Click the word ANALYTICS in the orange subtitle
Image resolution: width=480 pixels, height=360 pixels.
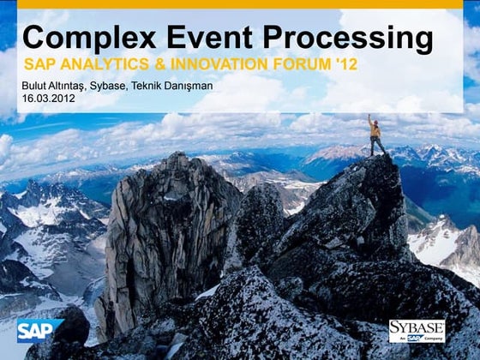pos(105,64)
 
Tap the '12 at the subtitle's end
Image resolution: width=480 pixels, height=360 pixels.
pos(346,64)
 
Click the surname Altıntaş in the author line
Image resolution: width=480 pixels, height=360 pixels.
pos(76,87)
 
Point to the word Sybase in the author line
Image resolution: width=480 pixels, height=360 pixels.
pos(126,87)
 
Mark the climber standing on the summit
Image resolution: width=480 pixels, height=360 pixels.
pos(375,135)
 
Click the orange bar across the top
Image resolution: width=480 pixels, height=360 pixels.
pos(240,4)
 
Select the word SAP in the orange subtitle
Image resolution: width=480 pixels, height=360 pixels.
pos(39,64)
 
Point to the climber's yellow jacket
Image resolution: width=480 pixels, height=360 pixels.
pos(375,129)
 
